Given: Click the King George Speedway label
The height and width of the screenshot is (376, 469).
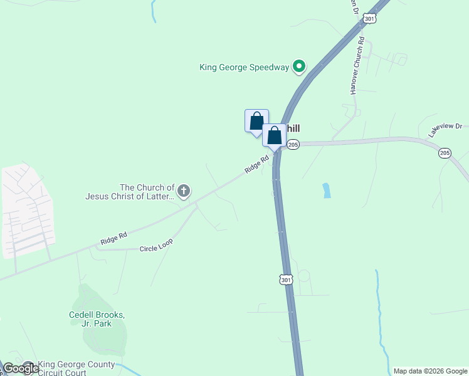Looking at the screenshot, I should point(244,67).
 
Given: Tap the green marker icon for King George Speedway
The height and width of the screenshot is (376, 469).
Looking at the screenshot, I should point(300,66).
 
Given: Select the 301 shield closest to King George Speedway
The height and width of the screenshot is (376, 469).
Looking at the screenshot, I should point(370,19).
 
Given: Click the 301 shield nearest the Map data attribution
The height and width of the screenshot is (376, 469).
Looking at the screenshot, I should point(287,280).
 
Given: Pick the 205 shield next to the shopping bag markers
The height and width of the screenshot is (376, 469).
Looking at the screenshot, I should point(293,145).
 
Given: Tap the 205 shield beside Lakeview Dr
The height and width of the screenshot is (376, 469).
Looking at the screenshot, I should point(445,153).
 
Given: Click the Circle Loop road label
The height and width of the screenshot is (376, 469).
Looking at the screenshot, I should point(156,244).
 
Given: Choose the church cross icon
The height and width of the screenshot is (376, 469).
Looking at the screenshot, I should point(184,191).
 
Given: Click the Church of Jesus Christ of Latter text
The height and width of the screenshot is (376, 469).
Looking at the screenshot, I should point(130,192).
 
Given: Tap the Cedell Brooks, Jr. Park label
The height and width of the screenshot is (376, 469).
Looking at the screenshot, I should point(97,319).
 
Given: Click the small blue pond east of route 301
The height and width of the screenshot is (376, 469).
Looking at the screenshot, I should point(327,191).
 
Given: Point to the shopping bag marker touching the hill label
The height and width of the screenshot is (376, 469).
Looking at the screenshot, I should point(274,135).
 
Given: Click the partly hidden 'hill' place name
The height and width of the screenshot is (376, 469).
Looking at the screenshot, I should point(293,128).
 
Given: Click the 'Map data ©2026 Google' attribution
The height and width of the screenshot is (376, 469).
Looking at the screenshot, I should point(430,371).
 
